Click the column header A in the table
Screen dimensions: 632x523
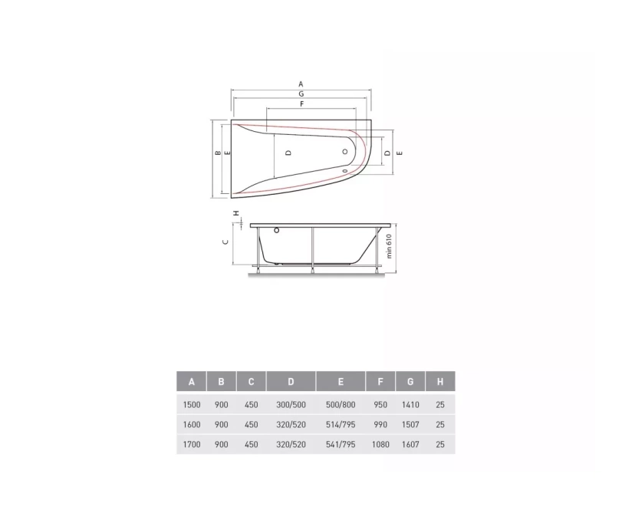(192, 381)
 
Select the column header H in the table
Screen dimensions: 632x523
(440, 381)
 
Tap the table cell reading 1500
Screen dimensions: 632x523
(192, 405)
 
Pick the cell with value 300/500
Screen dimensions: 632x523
(291, 405)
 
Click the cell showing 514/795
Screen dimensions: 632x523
(341, 424)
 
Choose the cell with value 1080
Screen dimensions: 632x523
(380, 445)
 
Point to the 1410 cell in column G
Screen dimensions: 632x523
(410, 405)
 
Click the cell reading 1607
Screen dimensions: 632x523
(410, 445)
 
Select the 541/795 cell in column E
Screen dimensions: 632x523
(341, 445)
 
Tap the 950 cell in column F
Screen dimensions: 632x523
(380, 405)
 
